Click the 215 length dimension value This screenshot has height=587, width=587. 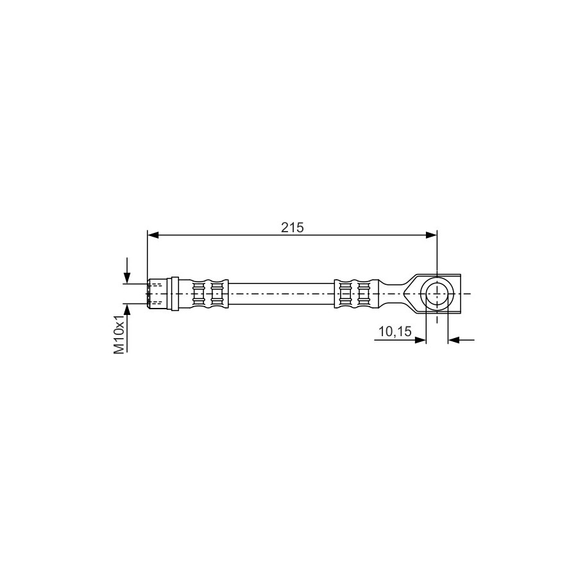293,228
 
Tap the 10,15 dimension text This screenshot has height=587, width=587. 395,331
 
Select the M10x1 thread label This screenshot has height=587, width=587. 119,334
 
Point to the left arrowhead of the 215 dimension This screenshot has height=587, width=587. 153,235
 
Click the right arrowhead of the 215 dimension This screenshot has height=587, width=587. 431,235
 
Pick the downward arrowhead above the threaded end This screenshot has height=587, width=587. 127,278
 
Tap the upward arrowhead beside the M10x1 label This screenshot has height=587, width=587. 127,309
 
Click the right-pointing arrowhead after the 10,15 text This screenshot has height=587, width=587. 420,340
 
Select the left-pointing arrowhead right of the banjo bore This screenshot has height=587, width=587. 454,340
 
